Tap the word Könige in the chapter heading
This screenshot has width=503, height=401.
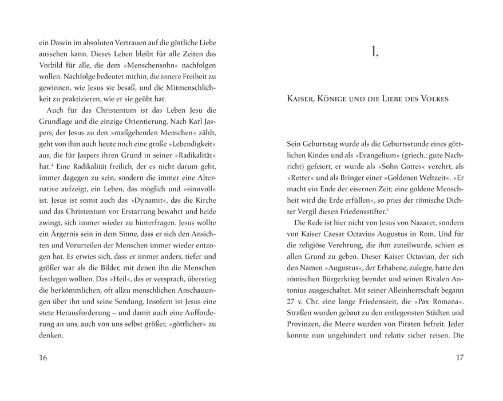[353, 99]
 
